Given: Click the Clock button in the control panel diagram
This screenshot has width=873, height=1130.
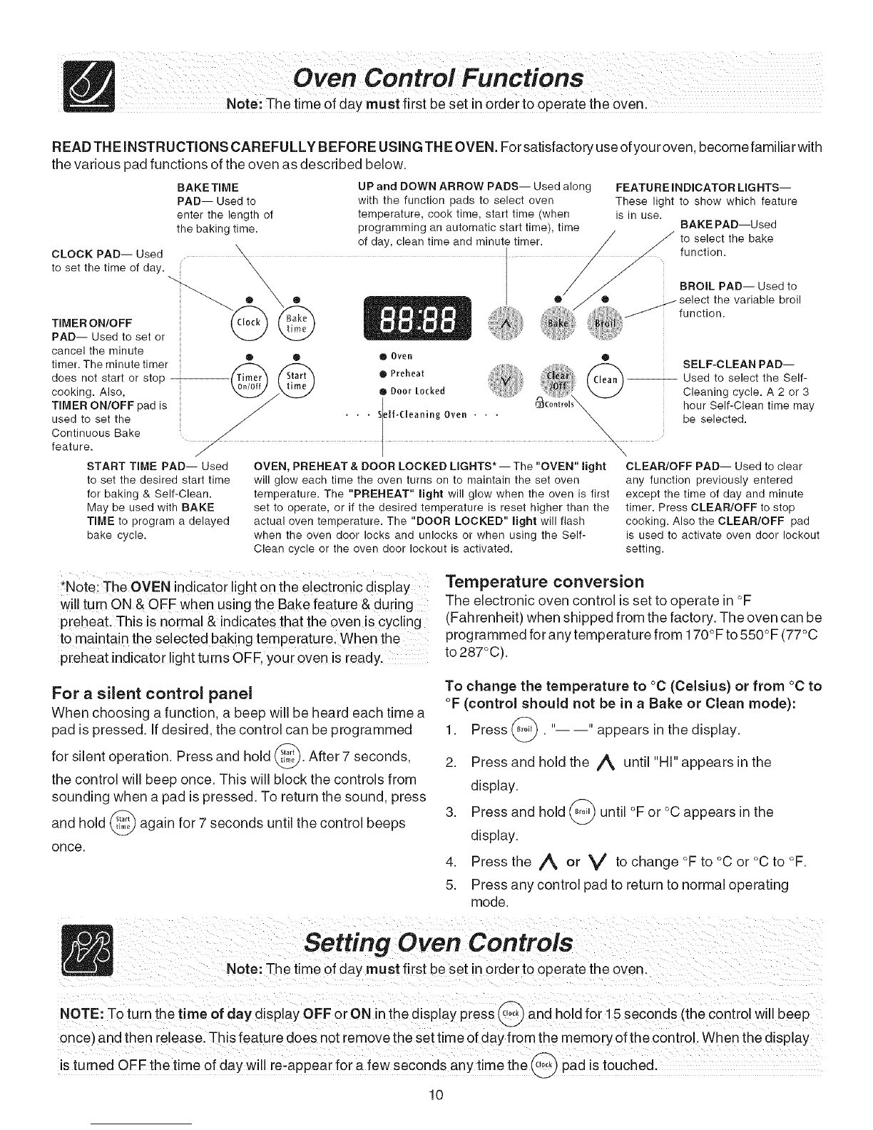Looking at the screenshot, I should coord(249,322).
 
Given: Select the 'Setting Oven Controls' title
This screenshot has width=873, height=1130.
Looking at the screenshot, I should coord(438,942).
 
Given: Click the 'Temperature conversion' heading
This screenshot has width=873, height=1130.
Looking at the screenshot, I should coord(544,580).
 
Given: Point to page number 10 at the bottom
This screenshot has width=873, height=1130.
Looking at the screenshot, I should coord(436,1095).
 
